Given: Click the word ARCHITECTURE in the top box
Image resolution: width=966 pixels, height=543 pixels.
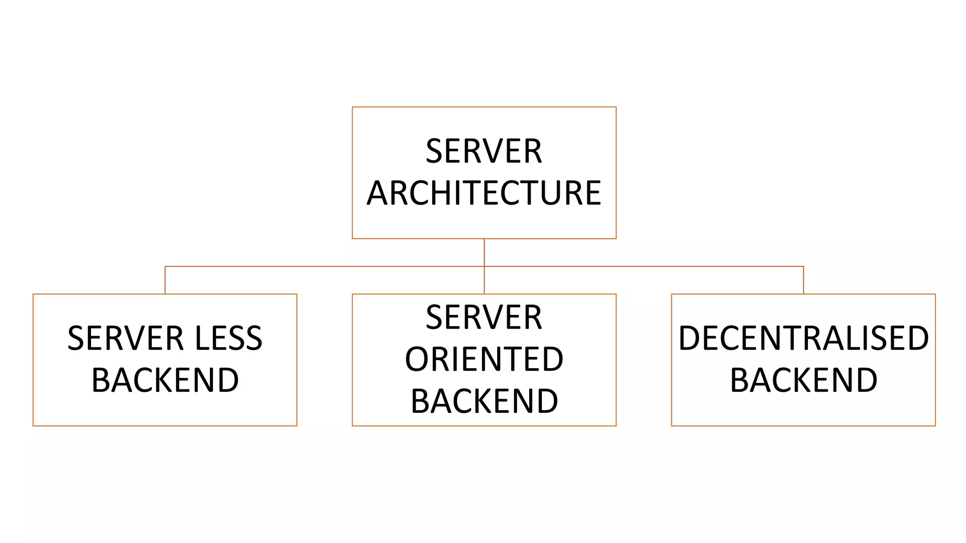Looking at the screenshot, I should pos(484,193).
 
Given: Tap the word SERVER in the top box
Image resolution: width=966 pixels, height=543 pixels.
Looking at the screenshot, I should pos(484,151).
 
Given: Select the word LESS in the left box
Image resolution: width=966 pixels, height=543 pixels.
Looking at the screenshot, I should pos(228,338).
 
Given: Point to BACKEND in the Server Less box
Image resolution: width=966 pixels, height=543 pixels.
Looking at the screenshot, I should pos(165,380).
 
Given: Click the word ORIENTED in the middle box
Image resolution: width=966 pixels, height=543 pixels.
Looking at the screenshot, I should pos(484,359).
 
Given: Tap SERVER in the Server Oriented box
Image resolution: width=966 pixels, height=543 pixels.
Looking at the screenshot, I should pos(484,317).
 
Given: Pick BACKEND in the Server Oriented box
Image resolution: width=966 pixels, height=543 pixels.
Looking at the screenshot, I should pos(484,401).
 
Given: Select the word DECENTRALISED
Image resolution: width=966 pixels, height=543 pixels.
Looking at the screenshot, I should pos(803,338).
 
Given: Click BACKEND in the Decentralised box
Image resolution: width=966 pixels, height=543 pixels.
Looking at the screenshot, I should pos(803,380).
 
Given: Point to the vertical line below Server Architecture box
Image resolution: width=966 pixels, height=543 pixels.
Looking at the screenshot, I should pos(484,252).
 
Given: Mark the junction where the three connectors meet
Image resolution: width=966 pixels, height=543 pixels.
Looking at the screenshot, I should pos(484,267).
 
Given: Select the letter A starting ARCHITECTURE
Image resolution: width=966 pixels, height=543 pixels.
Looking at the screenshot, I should pos(377,193).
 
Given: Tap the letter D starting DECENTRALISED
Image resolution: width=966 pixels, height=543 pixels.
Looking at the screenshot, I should pos(689,338).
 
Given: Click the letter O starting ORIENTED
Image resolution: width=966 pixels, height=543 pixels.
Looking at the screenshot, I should pos(416,359).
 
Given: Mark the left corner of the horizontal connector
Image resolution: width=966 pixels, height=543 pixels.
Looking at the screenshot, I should pos(165,267).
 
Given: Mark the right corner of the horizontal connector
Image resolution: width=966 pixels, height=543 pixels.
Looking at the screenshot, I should pos(803,267).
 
